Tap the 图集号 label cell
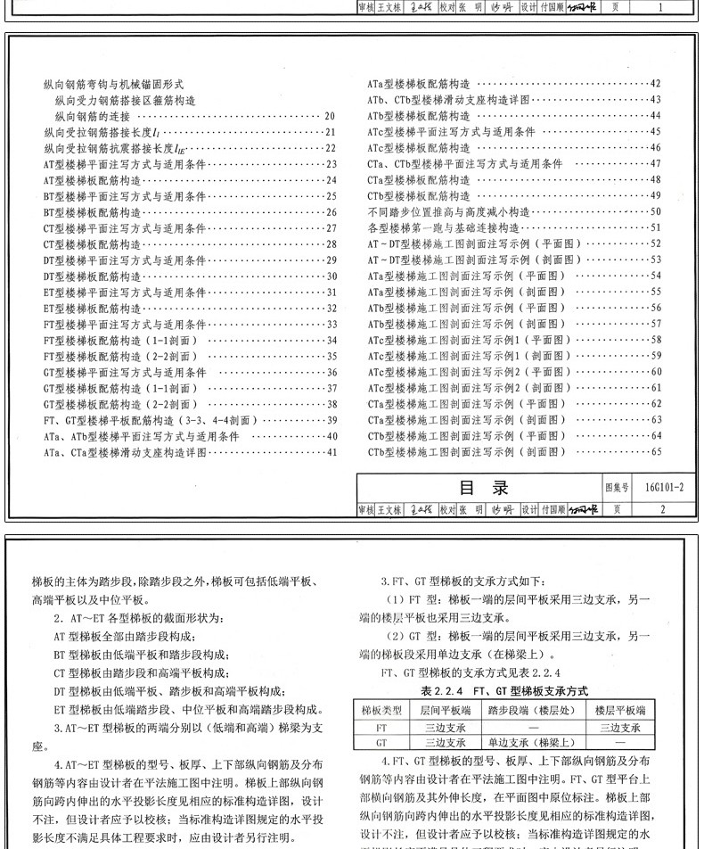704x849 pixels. click(x=617, y=488)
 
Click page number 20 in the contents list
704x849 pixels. click(x=330, y=116)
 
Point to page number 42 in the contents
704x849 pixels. click(x=655, y=84)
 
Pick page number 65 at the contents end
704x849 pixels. click(x=655, y=452)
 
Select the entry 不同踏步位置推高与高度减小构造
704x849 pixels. click(x=448, y=212)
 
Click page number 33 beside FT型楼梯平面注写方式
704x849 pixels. click(x=331, y=324)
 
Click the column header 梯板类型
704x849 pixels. click(x=378, y=710)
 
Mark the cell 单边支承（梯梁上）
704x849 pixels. click(x=531, y=742)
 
